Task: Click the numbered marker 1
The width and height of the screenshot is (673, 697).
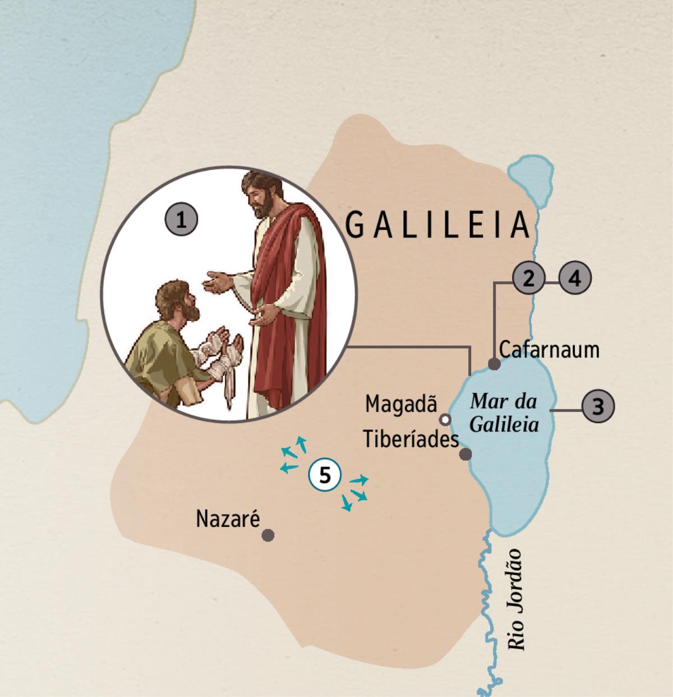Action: [x=181, y=219]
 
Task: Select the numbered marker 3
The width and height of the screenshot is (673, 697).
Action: [x=598, y=406]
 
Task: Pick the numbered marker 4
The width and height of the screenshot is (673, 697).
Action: [x=574, y=278]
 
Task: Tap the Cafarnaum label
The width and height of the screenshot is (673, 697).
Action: [x=549, y=350]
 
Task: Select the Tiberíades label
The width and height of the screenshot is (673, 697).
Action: [x=411, y=439]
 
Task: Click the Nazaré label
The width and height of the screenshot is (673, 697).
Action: [x=228, y=519]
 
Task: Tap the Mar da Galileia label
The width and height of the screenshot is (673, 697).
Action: [x=504, y=412]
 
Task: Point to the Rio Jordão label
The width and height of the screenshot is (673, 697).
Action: [x=515, y=599]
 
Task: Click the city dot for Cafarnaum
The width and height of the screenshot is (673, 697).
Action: [x=494, y=364]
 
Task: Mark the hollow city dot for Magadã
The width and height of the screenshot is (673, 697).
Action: [x=445, y=419]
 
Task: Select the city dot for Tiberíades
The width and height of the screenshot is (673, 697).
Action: [x=465, y=455]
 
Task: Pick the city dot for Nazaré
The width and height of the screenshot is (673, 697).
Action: [x=268, y=535]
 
